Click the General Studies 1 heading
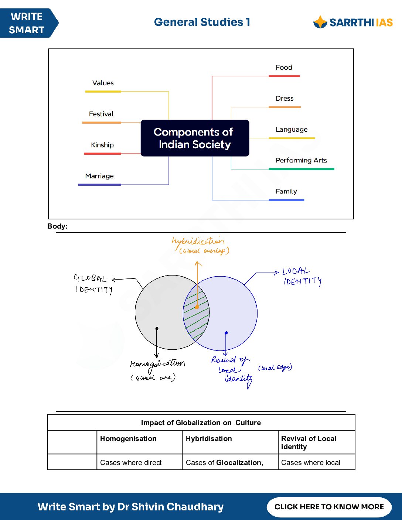tap(202, 22)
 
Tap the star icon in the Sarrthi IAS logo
tap(320, 22)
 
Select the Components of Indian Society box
tap(195, 138)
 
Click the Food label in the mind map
tap(284, 68)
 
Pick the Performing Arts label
tap(301, 160)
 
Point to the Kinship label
tap(102, 145)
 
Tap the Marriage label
tap(99, 176)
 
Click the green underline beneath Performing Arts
tap(301, 169)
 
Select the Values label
tap(103, 83)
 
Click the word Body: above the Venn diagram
tap(58, 226)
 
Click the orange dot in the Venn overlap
tap(197, 307)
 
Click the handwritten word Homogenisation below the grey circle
tap(157, 364)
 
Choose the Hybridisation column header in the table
tap(209, 439)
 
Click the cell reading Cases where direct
tap(131, 462)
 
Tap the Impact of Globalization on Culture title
tap(201, 423)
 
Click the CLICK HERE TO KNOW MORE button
tap(329, 507)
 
